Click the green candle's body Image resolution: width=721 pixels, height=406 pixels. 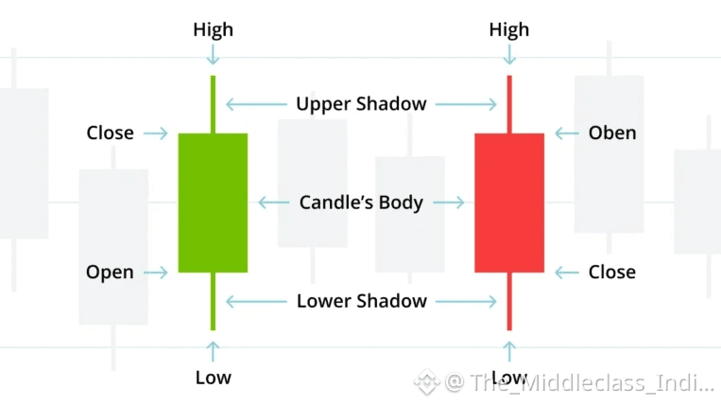pos(213,203)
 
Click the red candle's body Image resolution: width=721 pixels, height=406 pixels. pos(508,203)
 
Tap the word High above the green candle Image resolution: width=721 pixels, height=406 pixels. pos(213,30)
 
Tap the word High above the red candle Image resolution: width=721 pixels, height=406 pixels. pos(508,30)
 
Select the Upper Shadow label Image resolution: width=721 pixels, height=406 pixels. pos(361,104)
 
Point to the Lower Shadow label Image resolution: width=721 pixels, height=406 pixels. pos(361,302)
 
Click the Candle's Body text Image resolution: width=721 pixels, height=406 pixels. pos(361,203)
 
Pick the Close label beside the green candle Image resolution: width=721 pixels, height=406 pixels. pos(110,133)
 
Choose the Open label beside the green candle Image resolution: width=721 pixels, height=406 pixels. pos(110,273)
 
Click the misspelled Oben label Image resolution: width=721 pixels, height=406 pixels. pos(612,133)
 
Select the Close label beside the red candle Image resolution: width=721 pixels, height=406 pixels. pos(612,273)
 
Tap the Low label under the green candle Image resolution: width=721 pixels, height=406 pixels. pos(213,378)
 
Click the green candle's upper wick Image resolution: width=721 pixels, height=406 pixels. pos(213,104)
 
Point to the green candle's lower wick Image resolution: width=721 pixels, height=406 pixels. pos(213,301)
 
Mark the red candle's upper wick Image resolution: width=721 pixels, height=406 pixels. pos(509,104)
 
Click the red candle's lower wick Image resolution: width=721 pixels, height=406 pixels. pos(509,301)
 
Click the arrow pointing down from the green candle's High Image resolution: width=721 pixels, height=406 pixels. pos(213,57)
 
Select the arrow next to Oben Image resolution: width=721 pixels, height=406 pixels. pos(567,133)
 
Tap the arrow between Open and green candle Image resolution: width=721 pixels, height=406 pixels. pos(157,273)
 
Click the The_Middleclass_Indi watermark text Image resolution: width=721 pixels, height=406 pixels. pos(578,383)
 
